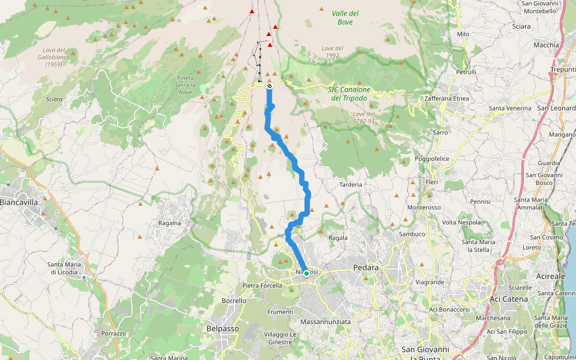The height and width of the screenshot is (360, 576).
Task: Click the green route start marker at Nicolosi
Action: click(x=307, y=273)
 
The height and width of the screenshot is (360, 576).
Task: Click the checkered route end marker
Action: click(x=269, y=86)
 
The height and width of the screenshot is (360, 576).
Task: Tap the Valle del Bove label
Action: click(x=345, y=17)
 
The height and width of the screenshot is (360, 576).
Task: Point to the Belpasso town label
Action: click(x=223, y=328)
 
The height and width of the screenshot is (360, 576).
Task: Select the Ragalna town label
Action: click(x=170, y=223)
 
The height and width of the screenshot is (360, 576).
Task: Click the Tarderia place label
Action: click(x=351, y=185)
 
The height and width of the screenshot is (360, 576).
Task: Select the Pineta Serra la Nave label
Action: click(x=185, y=85)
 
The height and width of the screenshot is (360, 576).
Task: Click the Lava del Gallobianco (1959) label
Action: click(x=53, y=57)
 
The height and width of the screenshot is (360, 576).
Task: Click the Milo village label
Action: click(x=463, y=34)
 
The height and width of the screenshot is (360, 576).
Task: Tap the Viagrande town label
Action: click(x=429, y=281)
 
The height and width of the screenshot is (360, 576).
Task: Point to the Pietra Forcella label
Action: click(x=262, y=286)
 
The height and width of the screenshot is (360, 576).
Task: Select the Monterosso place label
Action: click(x=424, y=207)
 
